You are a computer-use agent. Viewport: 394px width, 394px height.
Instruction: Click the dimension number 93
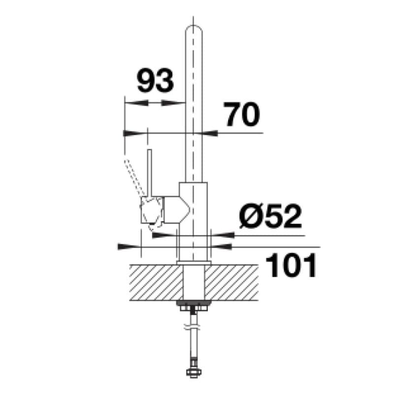(x=155, y=80)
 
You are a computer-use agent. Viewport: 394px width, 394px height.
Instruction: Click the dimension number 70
(x=242, y=115)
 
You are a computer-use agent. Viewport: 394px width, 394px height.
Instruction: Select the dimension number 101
(x=291, y=264)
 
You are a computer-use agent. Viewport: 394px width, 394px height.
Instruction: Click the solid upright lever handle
(x=149, y=173)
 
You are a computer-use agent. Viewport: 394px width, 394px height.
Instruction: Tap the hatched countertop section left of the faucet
(x=156, y=282)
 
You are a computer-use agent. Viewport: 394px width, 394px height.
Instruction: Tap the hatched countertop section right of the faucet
(x=231, y=282)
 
